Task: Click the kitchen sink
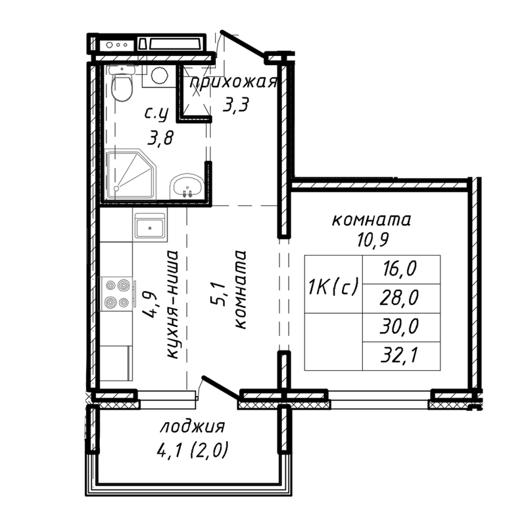tap(151, 229)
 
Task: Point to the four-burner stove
tap(117, 294)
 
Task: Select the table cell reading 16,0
tap(401, 269)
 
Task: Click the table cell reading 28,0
tap(401, 299)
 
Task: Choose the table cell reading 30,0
tap(401, 327)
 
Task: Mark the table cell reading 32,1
tap(401, 355)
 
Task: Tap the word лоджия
tap(193, 427)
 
